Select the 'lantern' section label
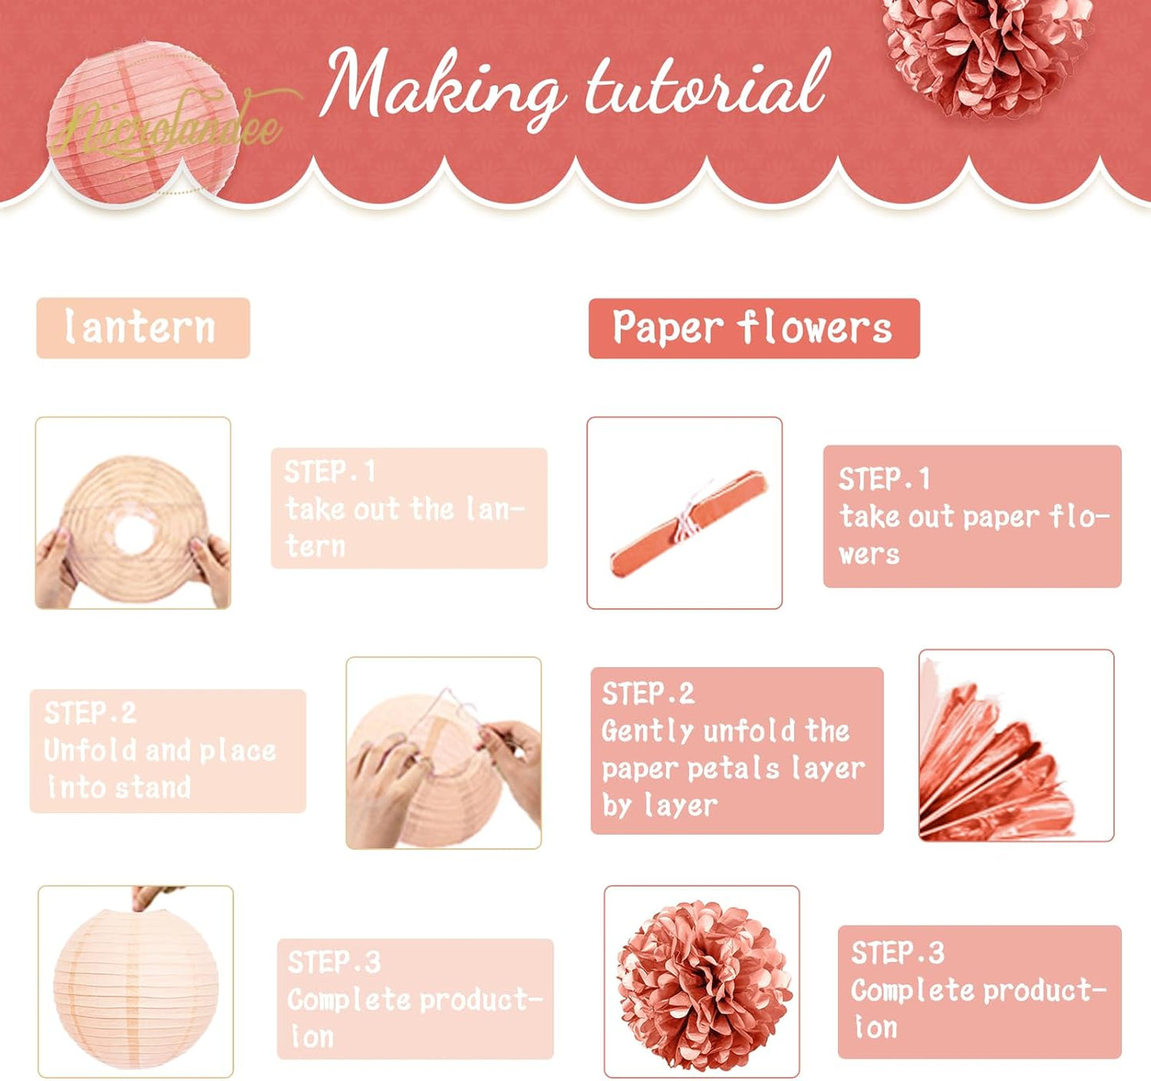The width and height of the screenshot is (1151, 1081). point(143,328)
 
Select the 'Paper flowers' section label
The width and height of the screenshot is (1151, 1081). point(754,328)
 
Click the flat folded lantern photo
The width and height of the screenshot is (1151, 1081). point(133,513)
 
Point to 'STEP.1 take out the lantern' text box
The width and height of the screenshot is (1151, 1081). point(409,508)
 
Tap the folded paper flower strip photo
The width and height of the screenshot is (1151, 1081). point(684,513)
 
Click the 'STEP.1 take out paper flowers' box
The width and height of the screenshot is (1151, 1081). point(972,516)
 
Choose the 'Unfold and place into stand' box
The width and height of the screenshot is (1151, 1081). point(167,750)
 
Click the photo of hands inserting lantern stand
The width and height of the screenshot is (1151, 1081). point(444,753)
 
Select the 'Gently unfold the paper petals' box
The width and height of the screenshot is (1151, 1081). point(737,750)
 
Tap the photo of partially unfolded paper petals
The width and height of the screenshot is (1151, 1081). point(1016,745)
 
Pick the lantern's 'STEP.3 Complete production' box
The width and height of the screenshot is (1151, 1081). point(415,998)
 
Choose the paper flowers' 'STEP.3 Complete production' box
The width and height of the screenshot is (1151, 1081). point(979,991)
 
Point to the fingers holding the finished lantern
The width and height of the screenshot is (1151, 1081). point(151,898)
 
